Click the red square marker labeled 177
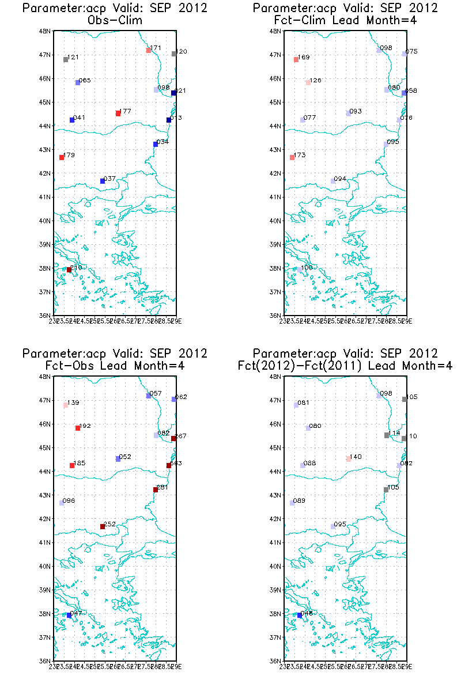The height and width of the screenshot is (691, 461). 118,113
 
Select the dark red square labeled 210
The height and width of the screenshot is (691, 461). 69,269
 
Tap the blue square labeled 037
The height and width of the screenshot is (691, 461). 103,181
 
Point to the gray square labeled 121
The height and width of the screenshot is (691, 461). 66,60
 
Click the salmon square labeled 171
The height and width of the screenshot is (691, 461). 149,51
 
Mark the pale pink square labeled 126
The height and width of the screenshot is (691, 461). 308,83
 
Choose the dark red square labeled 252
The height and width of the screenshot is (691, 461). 103,526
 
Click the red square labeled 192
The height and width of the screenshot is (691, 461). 78,428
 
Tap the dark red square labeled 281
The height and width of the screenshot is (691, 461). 156,490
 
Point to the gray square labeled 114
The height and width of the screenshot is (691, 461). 387,435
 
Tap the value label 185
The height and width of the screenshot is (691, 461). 80,463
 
